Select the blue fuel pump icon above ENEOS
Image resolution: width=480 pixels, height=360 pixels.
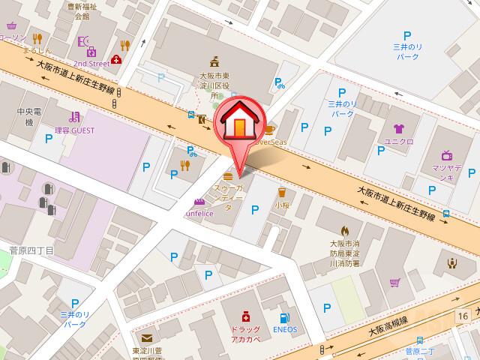click(x=286, y=317)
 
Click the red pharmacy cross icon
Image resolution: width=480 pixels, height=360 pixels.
click(x=244, y=317)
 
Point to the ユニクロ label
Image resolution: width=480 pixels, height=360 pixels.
click(x=399, y=142)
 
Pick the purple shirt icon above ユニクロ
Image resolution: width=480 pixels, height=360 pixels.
click(x=397, y=129)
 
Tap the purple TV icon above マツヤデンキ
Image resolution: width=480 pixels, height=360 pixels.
click(x=447, y=155)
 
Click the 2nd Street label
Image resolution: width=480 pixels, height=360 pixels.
click(x=91, y=64)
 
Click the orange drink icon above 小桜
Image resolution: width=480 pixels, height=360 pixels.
click(x=281, y=192)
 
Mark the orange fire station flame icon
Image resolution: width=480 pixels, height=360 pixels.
click(x=346, y=231)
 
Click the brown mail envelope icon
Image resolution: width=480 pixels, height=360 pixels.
click(x=145, y=337)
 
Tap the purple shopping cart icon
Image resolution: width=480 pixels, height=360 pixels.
click(x=394, y=282)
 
